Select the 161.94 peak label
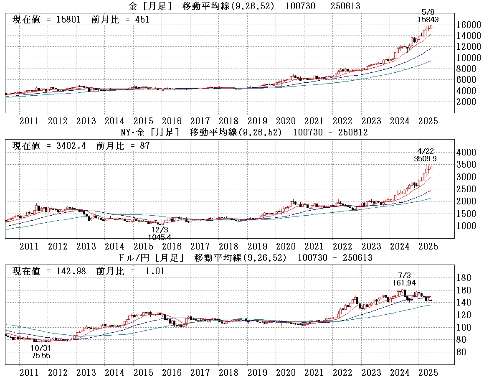(404, 283)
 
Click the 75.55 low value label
(41, 356)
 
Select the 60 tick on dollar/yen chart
(462, 352)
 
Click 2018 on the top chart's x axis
(228, 121)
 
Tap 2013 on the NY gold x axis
(86, 246)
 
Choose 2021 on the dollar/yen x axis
(314, 372)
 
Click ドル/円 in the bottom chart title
(137, 257)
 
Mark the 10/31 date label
(41, 348)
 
